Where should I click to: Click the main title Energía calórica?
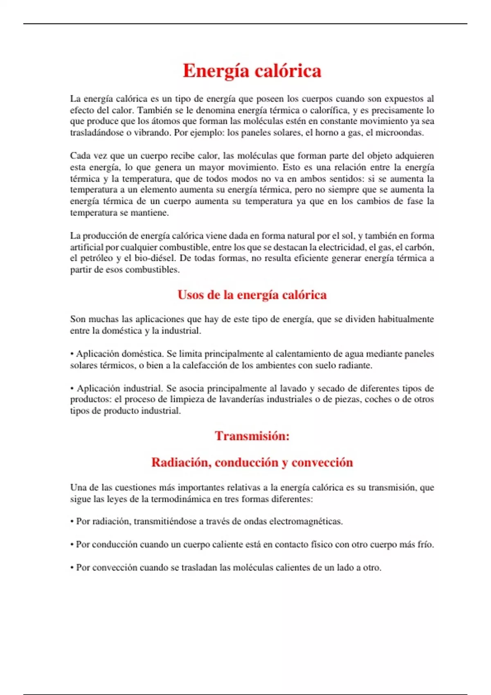(x=252, y=71)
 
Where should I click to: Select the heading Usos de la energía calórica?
(x=252, y=295)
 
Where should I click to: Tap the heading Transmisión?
(x=252, y=436)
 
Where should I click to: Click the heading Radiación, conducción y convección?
(x=252, y=462)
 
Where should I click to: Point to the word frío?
(x=425, y=545)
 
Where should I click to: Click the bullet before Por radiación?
(x=72, y=522)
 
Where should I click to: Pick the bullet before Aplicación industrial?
(x=72, y=388)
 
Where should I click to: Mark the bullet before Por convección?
(x=72, y=568)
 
